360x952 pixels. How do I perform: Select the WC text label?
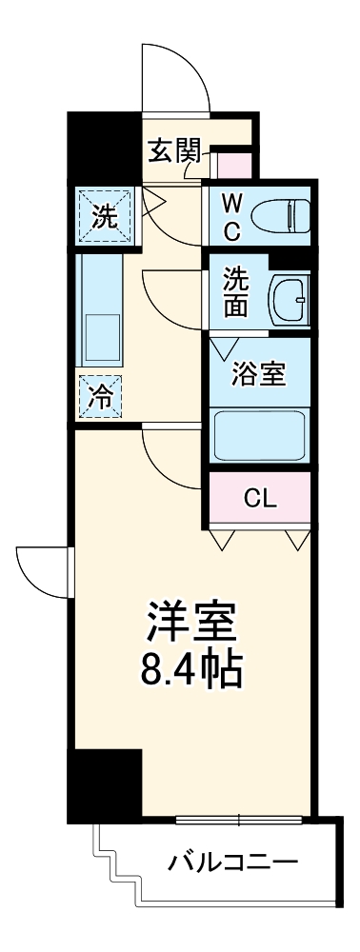coord(231,214)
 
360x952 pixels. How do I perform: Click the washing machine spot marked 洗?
coord(104,216)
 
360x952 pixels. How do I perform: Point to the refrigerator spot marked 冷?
coord(99,398)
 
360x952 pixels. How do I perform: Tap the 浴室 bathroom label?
coord(259,374)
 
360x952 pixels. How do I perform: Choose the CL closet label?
coord(260,498)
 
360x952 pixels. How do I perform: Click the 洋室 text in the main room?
coord(190,624)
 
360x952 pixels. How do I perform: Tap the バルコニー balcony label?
coord(233,864)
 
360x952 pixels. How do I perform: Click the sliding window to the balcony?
coord(239,818)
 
